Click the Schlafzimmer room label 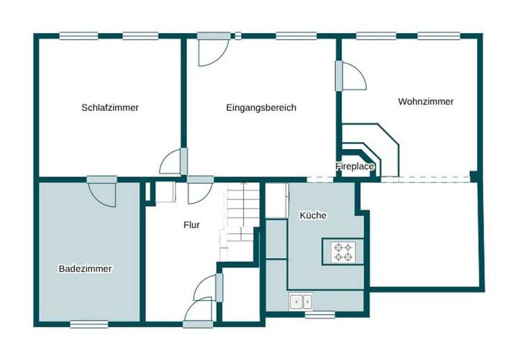click(x=110, y=107)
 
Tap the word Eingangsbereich click(x=260, y=107)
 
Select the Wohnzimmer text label click(x=425, y=102)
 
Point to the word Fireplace click(x=355, y=166)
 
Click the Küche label click(x=313, y=215)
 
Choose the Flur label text click(x=191, y=225)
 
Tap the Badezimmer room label click(x=85, y=269)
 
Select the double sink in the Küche click(x=300, y=302)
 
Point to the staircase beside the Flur click(x=241, y=216)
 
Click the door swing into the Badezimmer click(x=102, y=191)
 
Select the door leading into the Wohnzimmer click(x=350, y=76)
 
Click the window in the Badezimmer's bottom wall click(x=89, y=324)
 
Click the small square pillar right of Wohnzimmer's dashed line click(x=474, y=176)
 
